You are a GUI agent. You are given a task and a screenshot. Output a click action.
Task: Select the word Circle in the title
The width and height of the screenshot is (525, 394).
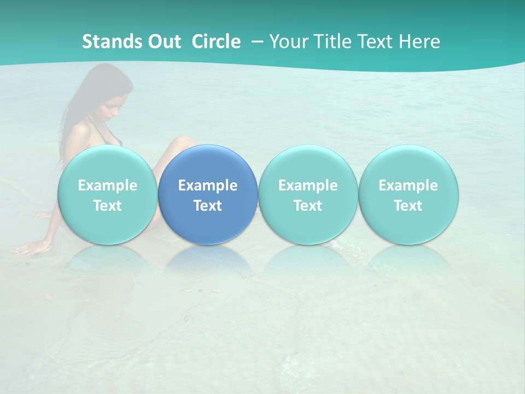216,42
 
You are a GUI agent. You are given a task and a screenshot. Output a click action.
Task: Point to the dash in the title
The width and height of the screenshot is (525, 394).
257,42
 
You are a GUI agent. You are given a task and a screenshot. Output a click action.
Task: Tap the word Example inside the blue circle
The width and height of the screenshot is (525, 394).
208,186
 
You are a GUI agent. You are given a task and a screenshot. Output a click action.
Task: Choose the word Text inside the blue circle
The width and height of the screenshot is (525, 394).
208,206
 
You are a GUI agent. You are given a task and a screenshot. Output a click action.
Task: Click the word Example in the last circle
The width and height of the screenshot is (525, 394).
409,186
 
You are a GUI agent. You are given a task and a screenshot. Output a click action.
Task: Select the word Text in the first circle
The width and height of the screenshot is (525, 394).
108,206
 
